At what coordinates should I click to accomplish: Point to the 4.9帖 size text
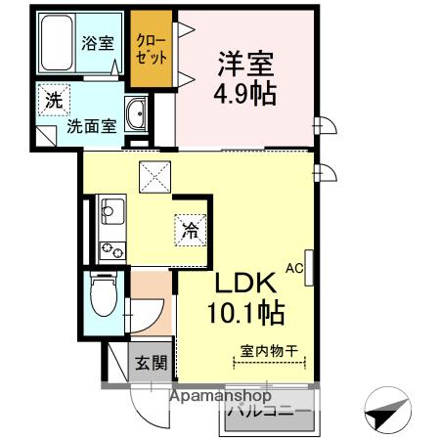click(244, 96)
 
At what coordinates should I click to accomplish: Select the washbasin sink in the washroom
click(138, 116)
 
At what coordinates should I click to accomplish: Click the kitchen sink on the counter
click(110, 210)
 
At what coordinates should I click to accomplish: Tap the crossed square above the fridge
click(154, 177)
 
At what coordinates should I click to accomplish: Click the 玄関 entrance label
click(150, 364)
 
